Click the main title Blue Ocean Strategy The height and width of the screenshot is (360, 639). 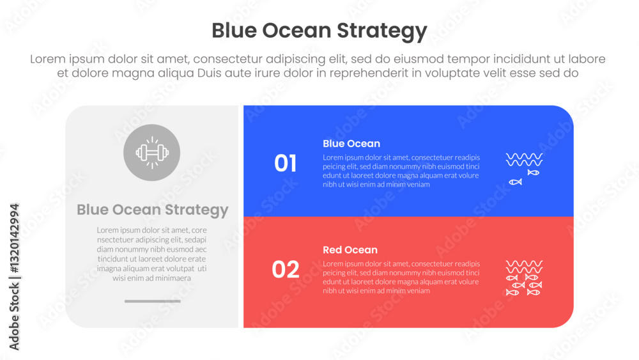pyautogui.click(x=319, y=31)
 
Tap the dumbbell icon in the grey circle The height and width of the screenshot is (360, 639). pyautogui.click(x=152, y=153)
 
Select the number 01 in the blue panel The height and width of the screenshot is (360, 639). pyautogui.click(x=285, y=163)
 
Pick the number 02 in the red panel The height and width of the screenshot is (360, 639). pyautogui.click(x=285, y=269)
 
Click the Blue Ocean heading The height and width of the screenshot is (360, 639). pyautogui.click(x=351, y=143)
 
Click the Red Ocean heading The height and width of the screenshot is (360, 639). pyautogui.click(x=350, y=250)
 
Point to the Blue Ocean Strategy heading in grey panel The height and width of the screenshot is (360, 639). pyautogui.click(x=153, y=210)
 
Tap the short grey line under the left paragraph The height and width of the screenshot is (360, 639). pyautogui.click(x=153, y=301)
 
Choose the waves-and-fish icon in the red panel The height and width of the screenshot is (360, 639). pyautogui.click(x=524, y=278)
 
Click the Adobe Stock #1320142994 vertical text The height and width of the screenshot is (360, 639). pyautogui.click(x=14, y=277)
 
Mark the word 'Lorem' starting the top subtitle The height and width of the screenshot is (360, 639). pyautogui.click(x=48, y=59)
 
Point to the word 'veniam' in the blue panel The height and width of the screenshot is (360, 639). pyautogui.click(x=417, y=185)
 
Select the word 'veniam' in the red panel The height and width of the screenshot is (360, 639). pyautogui.click(x=417, y=291)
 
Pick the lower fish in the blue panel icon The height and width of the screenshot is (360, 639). pyautogui.click(x=515, y=182)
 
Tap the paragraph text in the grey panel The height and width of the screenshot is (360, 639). pyautogui.click(x=151, y=254)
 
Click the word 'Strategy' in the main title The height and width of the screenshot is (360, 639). pyautogui.click(x=382, y=31)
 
